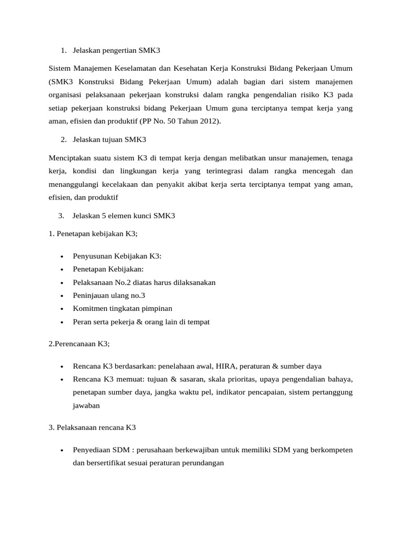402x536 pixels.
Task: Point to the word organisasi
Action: pos(65,95)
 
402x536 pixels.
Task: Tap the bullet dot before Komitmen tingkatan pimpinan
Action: pos(62,309)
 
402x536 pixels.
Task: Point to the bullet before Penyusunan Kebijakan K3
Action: pos(62,256)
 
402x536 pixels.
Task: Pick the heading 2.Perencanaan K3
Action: pos(79,343)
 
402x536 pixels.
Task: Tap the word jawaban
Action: pos(87,406)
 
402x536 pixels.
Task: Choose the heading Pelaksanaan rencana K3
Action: pos(92,428)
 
